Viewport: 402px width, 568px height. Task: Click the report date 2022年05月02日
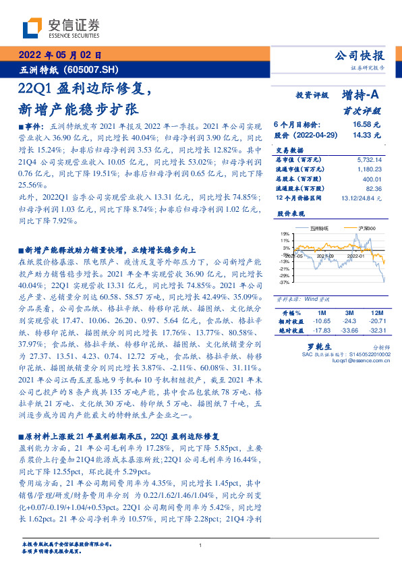[59, 56]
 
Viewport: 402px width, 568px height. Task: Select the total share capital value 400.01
[371, 179]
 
